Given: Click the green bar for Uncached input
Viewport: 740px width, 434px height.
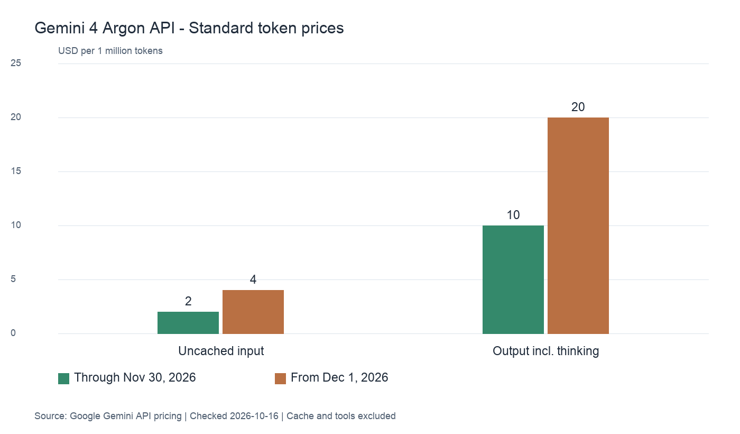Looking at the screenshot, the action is [x=188, y=322].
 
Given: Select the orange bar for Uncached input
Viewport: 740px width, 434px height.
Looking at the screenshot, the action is [x=253, y=312].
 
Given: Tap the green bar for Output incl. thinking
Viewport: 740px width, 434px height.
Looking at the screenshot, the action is [x=513, y=279].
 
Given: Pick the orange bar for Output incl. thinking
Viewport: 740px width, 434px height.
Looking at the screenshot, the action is [x=578, y=225].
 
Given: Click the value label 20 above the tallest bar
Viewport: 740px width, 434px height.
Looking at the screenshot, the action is [x=578, y=107].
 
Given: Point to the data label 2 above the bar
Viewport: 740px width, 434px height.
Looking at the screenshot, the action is [x=188, y=301].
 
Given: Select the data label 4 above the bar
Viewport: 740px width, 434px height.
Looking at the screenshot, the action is [x=253, y=279].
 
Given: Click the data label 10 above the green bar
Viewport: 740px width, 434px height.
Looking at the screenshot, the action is [x=513, y=215].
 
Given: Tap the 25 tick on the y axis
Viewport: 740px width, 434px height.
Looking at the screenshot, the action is [x=16, y=63].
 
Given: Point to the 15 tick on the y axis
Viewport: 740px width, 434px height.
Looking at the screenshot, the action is [x=16, y=171].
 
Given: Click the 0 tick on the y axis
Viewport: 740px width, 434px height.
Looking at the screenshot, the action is [x=13, y=333].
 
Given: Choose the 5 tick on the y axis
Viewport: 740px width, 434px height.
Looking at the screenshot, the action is [x=13, y=279].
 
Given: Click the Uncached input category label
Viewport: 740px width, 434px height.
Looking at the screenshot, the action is [x=221, y=351].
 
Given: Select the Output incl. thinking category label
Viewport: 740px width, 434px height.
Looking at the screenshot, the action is [x=545, y=351].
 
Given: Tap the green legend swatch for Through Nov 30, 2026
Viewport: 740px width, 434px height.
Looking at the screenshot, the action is [x=64, y=378].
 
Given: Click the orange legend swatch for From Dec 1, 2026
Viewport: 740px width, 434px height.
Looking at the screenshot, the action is [x=281, y=378].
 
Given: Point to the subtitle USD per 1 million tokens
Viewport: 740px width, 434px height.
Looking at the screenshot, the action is [x=110, y=51].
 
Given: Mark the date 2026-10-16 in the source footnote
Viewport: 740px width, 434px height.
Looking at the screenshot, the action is [x=254, y=416].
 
